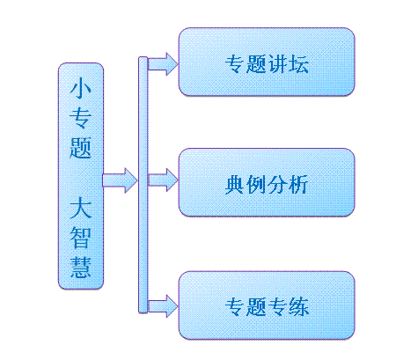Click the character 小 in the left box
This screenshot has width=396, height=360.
80,88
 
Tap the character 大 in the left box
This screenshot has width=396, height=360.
81,208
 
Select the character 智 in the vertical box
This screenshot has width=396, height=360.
81,238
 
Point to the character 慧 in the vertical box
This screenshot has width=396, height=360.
81,268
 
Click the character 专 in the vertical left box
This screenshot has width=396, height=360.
80,118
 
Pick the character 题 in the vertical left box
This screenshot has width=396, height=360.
80,148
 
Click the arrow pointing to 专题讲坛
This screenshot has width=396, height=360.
163,64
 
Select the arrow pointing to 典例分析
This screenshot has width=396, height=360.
163,180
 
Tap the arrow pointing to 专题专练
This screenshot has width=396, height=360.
163,306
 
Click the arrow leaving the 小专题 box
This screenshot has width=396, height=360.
120,180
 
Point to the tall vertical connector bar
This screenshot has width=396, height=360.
143,185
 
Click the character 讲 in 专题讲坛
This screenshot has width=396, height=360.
277,64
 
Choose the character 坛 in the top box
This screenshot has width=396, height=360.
298,64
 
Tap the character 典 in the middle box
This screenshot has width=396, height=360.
235,185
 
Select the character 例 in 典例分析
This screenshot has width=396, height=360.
256,185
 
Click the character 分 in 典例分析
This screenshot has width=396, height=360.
277,185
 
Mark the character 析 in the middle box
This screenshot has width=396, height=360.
298,185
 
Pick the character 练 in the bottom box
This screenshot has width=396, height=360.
298,306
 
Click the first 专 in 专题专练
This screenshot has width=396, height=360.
235,306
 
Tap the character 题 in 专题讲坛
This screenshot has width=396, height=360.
256,64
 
